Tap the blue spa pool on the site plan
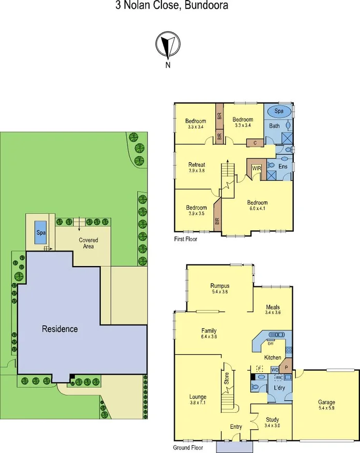click(x=41, y=233)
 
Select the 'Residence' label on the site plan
click(x=60, y=329)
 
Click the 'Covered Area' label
click(x=88, y=243)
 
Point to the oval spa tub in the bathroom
click(x=279, y=111)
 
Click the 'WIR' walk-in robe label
click(x=256, y=168)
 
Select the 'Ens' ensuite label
click(x=283, y=166)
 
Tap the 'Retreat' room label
click(x=197, y=165)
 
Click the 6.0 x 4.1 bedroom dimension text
click(x=257, y=208)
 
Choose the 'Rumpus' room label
click(x=220, y=286)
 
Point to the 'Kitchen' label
click(x=273, y=358)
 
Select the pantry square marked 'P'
click(x=286, y=366)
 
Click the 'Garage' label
click(x=327, y=402)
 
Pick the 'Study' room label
click(x=272, y=420)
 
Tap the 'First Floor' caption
click(x=186, y=239)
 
